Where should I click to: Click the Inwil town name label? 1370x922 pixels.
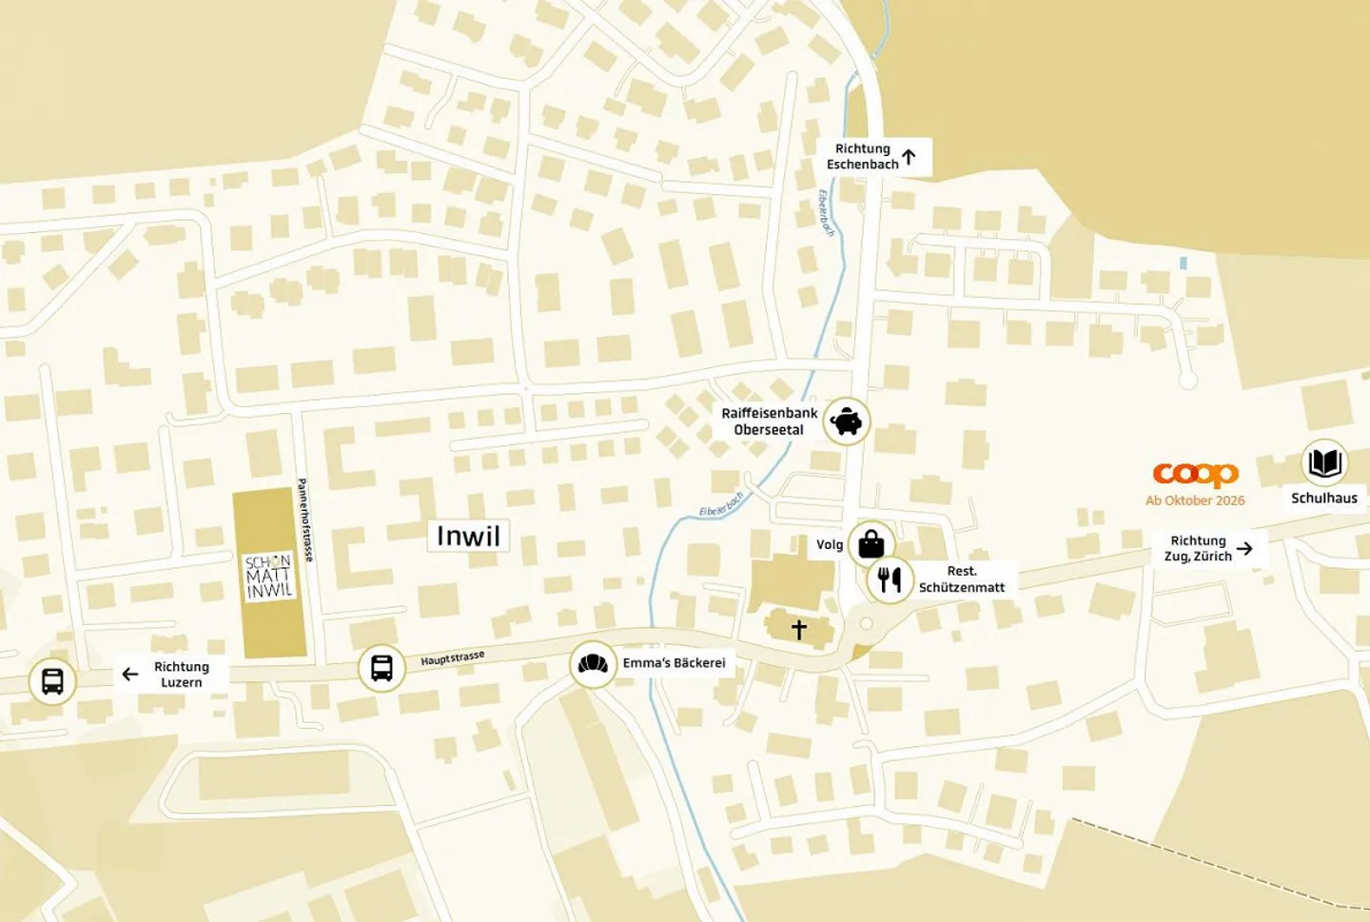(x=468, y=536)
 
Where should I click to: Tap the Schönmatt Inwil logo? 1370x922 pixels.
(x=269, y=577)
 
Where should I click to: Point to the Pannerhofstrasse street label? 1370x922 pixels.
(x=305, y=520)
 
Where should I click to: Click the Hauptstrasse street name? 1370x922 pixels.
(x=453, y=658)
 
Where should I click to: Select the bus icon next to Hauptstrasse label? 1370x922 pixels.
(x=382, y=668)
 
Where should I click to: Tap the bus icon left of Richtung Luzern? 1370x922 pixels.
(x=52, y=681)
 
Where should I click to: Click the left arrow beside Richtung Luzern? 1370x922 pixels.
(x=130, y=675)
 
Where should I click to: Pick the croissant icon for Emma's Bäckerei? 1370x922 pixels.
(x=593, y=663)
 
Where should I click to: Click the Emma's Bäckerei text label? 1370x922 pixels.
(x=674, y=663)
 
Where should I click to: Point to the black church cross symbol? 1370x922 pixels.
(x=799, y=629)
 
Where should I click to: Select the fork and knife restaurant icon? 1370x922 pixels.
(x=890, y=579)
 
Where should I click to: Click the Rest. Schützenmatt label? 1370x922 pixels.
(x=961, y=579)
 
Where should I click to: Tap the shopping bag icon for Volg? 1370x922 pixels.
(x=871, y=544)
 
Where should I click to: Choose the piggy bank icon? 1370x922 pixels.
(x=846, y=421)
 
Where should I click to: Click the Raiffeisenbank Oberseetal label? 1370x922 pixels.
(x=769, y=422)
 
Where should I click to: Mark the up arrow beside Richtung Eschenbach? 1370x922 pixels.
(x=909, y=157)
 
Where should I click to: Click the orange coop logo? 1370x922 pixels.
(x=1195, y=474)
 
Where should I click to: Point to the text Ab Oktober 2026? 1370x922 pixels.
(x=1195, y=500)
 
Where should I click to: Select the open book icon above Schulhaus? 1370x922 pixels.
(x=1324, y=463)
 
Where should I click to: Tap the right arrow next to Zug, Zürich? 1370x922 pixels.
(x=1244, y=548)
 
